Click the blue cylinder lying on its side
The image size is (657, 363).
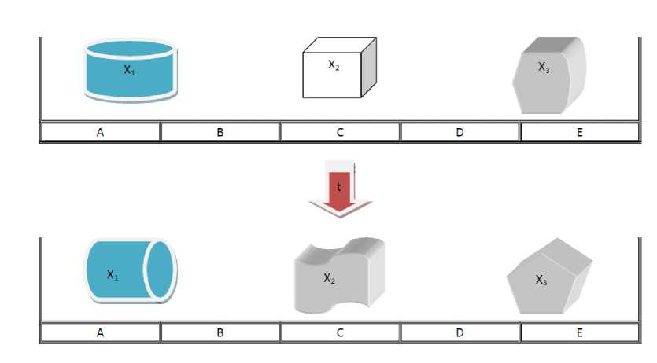(x=131, y=270)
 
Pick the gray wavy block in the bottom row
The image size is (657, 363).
(x=340, y=275)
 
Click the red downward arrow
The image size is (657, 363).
(x=340, y=189)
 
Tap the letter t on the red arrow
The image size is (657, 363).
(x=339, y=187)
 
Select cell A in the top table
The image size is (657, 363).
(x=100, y=132)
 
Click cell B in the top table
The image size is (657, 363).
(x=220, y=132)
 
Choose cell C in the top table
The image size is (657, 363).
(x=340, y=132)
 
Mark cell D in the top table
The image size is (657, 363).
(x=460, y=132)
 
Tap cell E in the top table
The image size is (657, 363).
(x=579, y=132)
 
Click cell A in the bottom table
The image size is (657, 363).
(x=100, y=332)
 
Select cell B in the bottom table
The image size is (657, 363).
(x=220, y=332)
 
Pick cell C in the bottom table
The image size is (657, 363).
(x=340, y=332)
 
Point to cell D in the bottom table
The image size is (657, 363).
(x=460, y=332)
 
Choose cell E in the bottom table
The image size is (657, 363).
(x=579, y=332)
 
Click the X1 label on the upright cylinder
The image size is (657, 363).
(x=129, y=69)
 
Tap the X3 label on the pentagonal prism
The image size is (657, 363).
(x=541, y=280)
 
